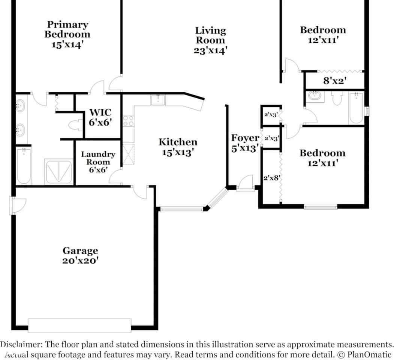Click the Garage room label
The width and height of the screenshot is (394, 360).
(80, 250)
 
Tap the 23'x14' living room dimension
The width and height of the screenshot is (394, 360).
(210, 50)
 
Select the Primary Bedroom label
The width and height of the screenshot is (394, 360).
(67, 30)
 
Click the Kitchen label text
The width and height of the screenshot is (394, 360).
(178, 142)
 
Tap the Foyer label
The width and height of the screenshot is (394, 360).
(245, 138)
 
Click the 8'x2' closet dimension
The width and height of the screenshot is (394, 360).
(334, 80)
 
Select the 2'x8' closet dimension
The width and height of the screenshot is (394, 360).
(272, 178)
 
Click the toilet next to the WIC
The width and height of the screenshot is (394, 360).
(76, 124)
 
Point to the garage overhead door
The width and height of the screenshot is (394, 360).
(79, 325)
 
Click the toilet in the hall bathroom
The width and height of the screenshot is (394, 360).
(337, 99)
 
